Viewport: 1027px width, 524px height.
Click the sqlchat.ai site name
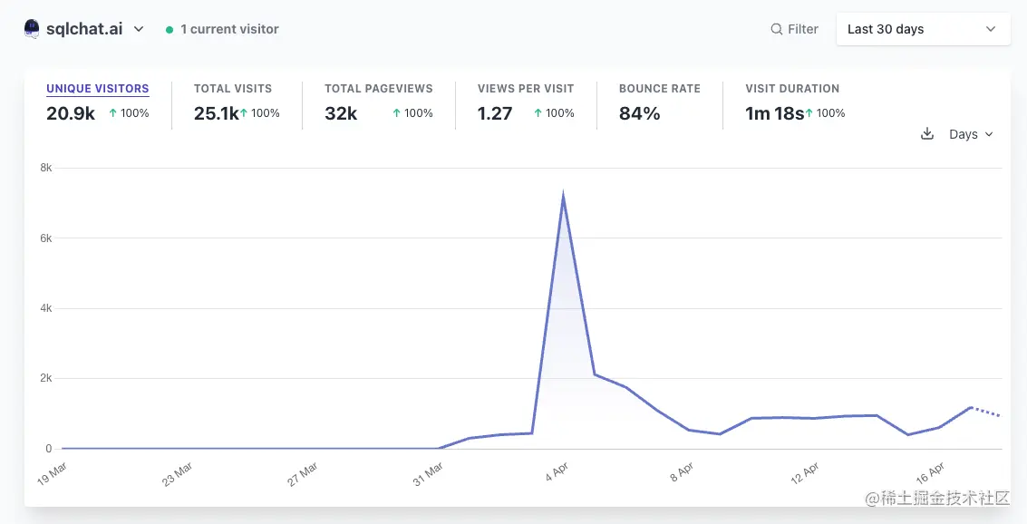pyautogui.click(x=84, y=29)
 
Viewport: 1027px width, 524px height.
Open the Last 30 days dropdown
pyautogui.click(x=922, y=29)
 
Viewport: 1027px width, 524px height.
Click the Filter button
pyautogui.click(x=794, y=29)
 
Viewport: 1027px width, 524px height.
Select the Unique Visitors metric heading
pyautogui.click(x=97, y=89)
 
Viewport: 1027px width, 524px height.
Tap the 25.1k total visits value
pyautogui.click(x=216, y=113)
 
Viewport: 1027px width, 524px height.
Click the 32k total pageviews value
pyautogui.click(x=341, y=113)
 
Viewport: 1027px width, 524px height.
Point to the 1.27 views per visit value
pyautogui.click(x=495, y=113)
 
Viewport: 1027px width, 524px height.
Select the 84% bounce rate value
pyautogui.click(x=639, y=113)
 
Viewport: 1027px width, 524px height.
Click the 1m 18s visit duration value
pyautogui.click(x=774, y=113)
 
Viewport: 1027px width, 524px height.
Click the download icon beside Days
pyautogui.click(x=927, y=134)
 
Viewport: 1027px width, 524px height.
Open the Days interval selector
pyautogui.click(x=971, y=134)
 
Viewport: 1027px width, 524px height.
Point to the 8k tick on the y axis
pyautogui.click(x=46, y=168)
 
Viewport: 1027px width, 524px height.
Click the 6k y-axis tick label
pyautogui.click(x=46, y=238)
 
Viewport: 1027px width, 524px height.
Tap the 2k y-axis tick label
pyautogui.click(x=46, y=378)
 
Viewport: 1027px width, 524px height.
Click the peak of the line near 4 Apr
pyautogui.click(x=563, y=196)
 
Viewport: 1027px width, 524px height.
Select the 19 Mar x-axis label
pyautogui.click(x=53, y=474)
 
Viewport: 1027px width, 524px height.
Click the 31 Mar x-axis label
pyautogui.click(x=427, y=474)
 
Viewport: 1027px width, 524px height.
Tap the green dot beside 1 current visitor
pyautogui.click(x=170, y=30)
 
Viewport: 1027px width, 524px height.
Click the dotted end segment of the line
pyautogui.click(x=986, y=412)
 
